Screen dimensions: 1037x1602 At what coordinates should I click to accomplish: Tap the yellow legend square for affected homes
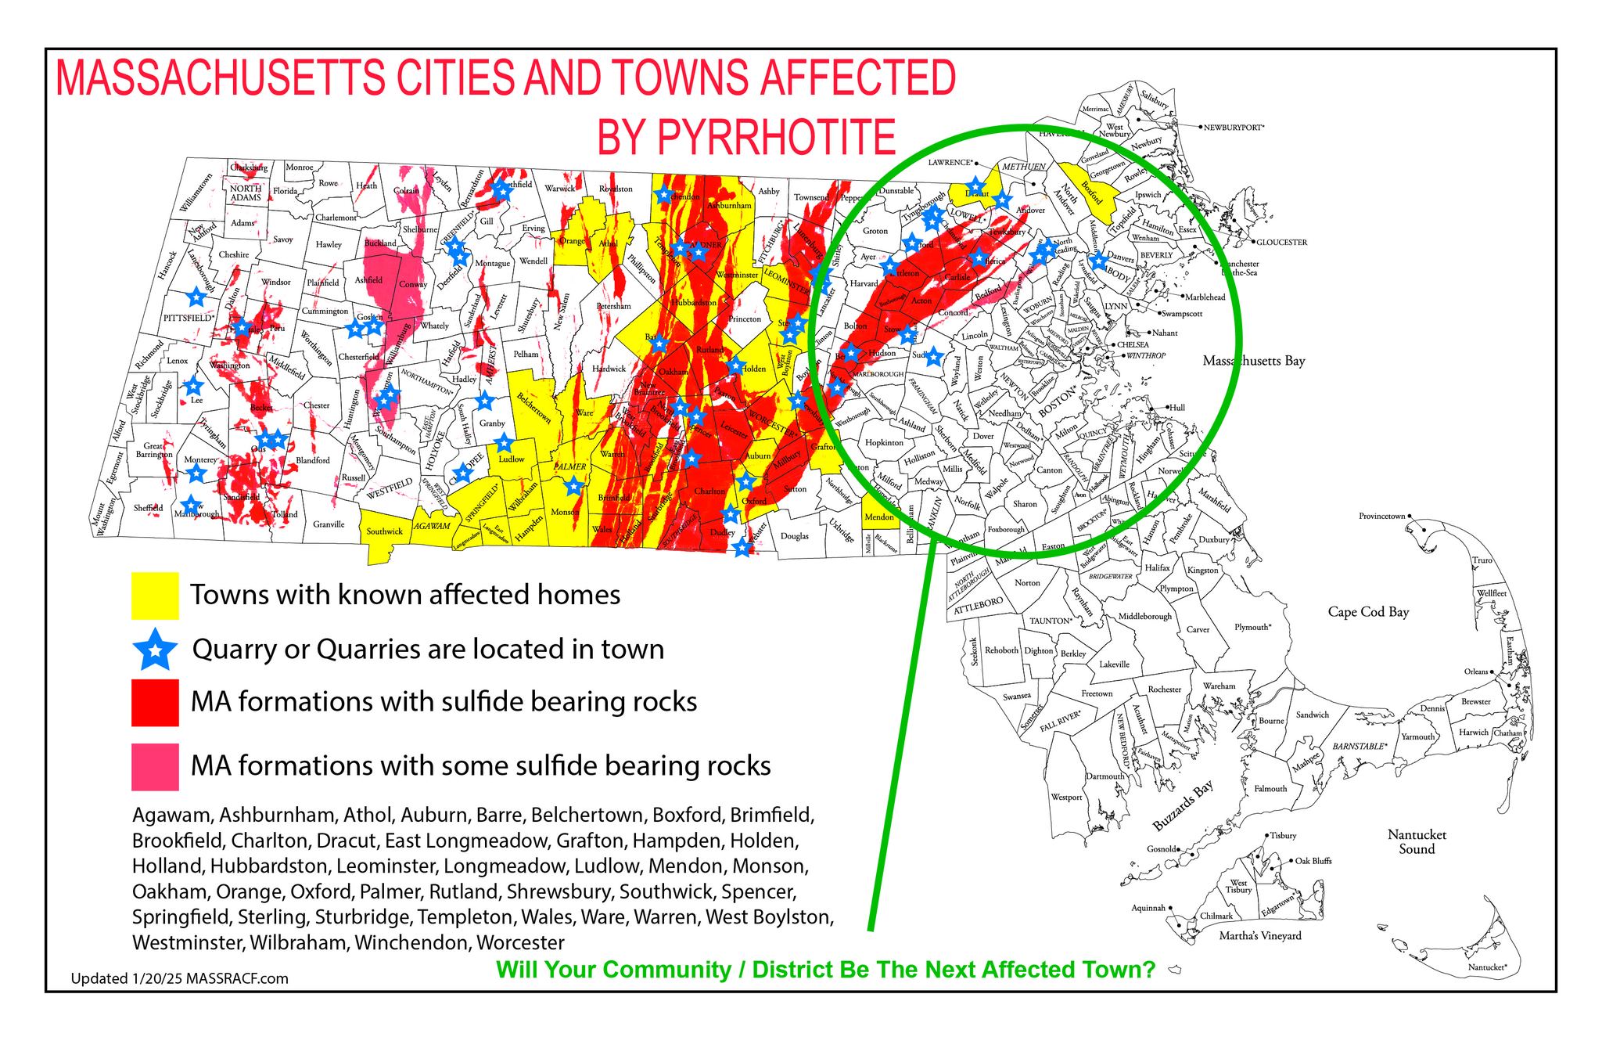(x=155, y=596)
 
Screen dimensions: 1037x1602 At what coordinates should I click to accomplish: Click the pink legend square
(x=155, y=766)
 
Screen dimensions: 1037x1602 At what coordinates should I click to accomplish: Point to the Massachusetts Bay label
(x=1253, y=361)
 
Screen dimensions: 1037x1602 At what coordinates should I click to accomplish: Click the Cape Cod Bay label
(x=1368, y=612)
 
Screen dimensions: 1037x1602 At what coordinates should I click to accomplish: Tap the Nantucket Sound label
(x=1417, y=842)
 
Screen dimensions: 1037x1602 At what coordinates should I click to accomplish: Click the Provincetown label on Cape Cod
(x=1382, y=517)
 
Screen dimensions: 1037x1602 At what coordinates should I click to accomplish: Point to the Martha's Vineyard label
(x=1260, y=936)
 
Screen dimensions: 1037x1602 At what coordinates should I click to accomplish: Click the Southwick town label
(x=384, y=531)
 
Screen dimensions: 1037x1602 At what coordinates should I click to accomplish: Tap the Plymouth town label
(x=1252, y=628)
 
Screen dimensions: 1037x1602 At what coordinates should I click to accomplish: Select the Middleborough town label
(x=1144, y=617)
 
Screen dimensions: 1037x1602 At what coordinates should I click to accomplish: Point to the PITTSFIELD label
(x=188, y=319)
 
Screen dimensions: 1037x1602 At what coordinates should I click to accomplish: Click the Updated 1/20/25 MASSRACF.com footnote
(x=179, y=978)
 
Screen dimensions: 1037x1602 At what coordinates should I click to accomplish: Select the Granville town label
(x=328, y=524)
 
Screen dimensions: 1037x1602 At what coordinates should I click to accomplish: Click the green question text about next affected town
(x=825, y=970)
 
